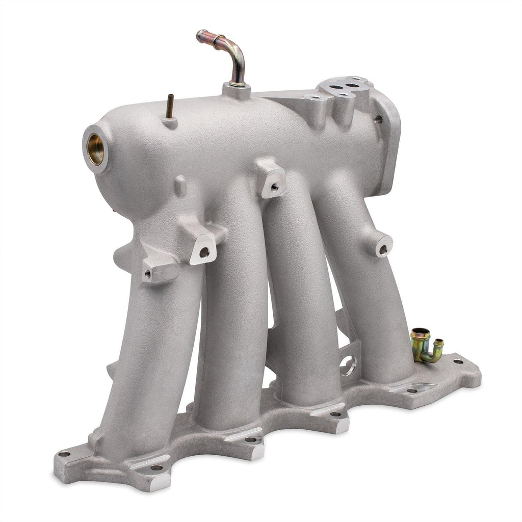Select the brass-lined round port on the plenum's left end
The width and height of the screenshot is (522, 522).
pyautogui.click(x=95, y=148)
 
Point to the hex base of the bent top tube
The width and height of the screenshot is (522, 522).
pyautogui.click(x=236, y=90)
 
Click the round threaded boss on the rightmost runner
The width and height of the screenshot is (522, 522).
pyautogui.click(x=382, y=248)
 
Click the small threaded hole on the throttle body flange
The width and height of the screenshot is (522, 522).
pyautogui.click(x=379, y=119)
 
